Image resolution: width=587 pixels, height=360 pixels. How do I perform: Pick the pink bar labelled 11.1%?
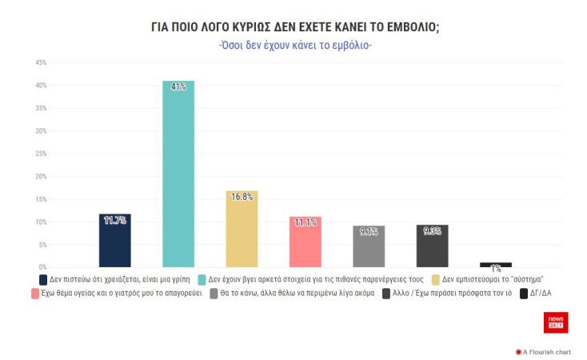(x=305, y=242)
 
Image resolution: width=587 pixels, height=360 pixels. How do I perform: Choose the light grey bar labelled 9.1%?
(x=369, y=246)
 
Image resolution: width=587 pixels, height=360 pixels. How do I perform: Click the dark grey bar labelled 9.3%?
(x=432, y=246)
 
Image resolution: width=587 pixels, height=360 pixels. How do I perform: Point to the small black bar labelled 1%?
(x=496, y=265)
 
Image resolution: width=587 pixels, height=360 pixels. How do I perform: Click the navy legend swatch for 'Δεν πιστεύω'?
(x=43, y=280)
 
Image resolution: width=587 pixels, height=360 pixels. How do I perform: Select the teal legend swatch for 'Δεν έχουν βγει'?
(x=202, y=280)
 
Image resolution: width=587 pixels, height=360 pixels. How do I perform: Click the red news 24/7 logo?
(x=556, y=322)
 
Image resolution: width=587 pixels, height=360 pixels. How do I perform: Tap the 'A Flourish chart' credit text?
(x=547, y=351)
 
